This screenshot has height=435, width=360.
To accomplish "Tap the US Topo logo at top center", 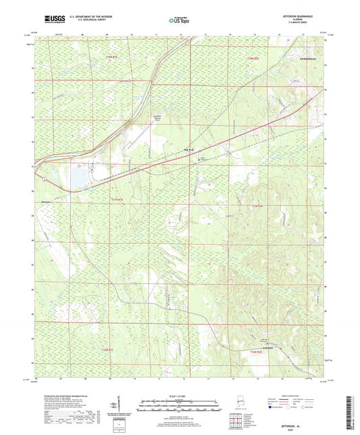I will pos(178,20).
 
